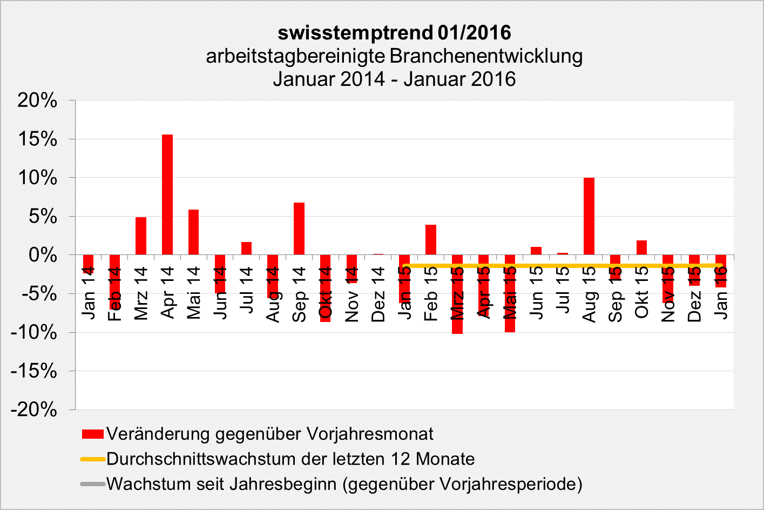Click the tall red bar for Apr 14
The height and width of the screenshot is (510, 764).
click(x=167, y=194)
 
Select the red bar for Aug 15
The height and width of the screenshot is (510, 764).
click(x=589, y=216)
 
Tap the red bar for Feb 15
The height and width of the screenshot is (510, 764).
click(x=431, y=240)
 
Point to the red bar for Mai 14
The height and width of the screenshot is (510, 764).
click(x=193, y=232)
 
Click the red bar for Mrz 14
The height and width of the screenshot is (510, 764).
click(x=141, y=236)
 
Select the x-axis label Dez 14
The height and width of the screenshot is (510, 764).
click(x=378, y=294)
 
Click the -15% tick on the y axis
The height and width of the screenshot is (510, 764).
click(x=33, y=371)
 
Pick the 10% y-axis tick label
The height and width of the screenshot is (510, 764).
click(x=37, y=178)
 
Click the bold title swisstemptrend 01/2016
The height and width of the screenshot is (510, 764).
click(x=394, y=32)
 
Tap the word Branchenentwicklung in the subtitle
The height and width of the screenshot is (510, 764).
click(x=486, y=56)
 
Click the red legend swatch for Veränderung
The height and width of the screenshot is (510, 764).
click(x=92, y=434)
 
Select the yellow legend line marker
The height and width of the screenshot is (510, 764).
click(x=92, y=459)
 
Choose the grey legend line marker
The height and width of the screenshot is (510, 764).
click(x=92, y=484)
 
